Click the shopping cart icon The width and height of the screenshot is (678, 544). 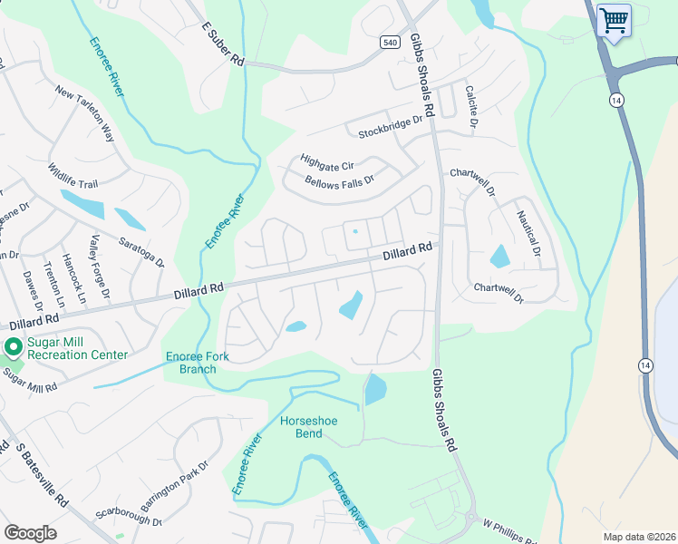click(614, 20)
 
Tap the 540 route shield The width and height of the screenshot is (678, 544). click(390, 43)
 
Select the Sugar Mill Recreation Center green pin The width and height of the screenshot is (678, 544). click(14, 347)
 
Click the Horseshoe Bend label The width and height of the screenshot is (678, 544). click(302, 427)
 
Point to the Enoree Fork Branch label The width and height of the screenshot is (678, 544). click(191, 363)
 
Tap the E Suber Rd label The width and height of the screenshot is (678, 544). click(222, 44)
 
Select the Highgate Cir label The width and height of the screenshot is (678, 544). click(325, 156)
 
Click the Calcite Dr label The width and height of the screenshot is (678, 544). click(471, 105)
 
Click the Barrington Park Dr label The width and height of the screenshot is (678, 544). click(175, 486)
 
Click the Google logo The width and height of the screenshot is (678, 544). click(31, 533)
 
